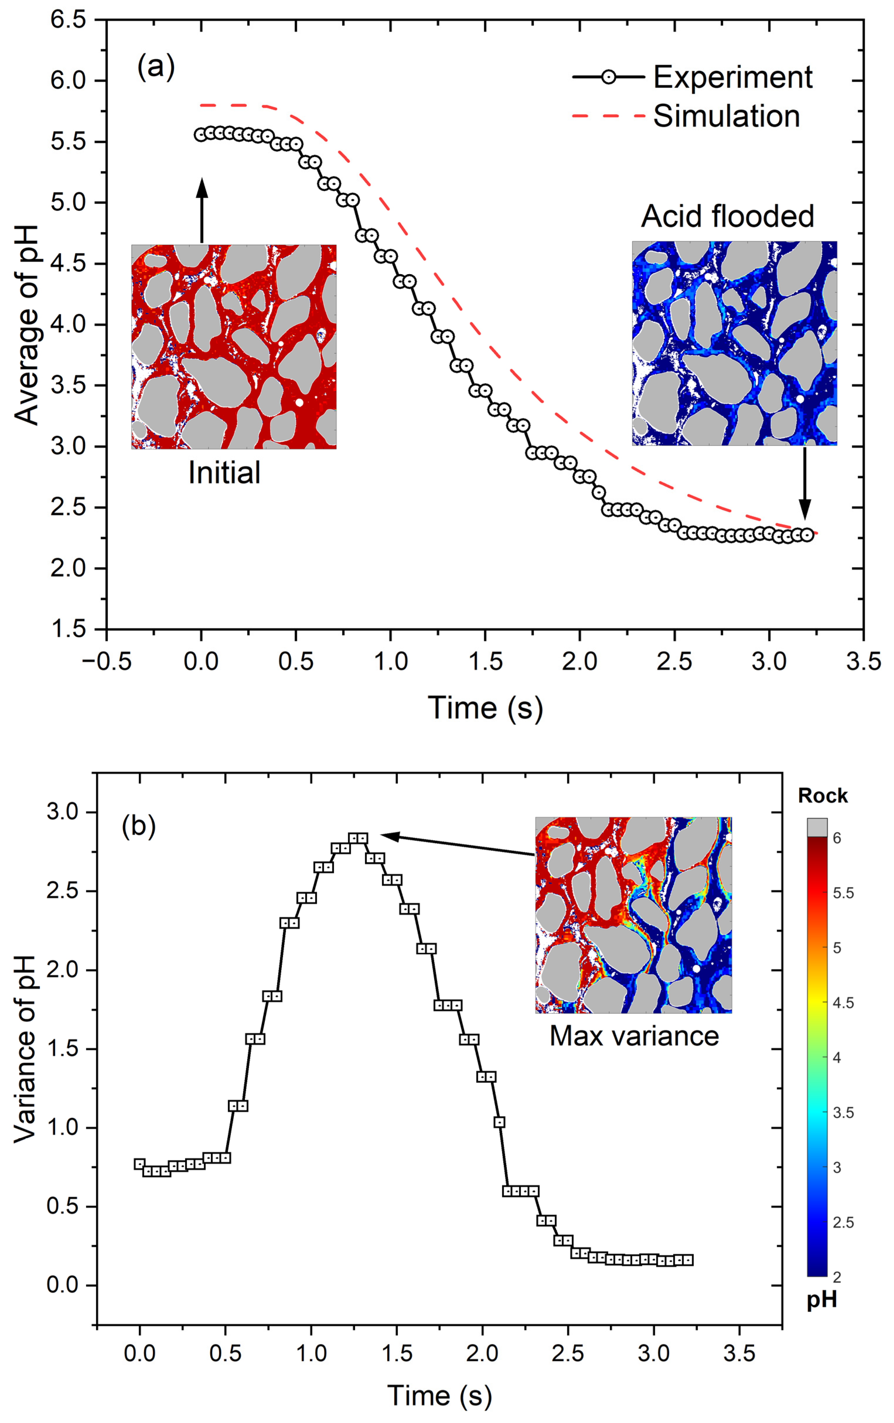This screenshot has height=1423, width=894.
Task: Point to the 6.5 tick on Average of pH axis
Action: [68, 20]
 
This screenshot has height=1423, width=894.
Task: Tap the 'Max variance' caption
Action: [634, 1036]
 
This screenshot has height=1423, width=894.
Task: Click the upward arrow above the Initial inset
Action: [202, 210]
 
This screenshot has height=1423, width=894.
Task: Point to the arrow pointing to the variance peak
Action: [458, 844]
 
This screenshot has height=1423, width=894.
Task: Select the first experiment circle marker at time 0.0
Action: [201, 135]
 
